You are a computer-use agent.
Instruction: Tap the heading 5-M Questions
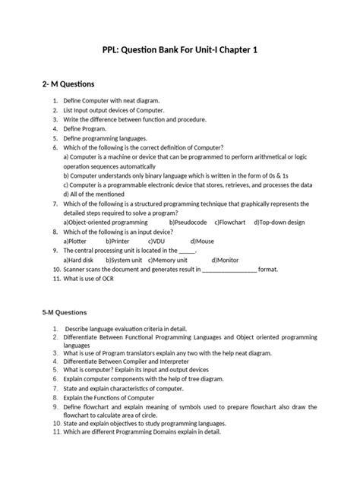[65, 312]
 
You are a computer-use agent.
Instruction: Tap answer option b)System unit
[126, 260]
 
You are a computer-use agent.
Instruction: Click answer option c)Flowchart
[232, 222]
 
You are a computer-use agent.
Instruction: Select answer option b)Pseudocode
[188, 222]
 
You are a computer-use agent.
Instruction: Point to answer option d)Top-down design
[281, 222]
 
